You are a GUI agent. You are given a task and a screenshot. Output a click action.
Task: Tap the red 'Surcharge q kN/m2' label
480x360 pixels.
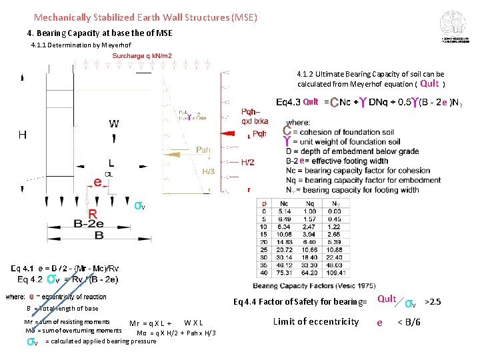point(142,56)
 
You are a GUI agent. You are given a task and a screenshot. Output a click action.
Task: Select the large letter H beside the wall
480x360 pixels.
point(23,135)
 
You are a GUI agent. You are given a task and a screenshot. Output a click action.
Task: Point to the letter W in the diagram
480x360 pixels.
point(114,124)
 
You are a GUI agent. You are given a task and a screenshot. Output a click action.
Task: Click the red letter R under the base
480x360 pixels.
point(93,214)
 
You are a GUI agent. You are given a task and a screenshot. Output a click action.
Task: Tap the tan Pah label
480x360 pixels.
point(203,150)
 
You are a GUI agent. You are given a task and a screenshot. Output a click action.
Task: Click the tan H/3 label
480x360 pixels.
point(209,171)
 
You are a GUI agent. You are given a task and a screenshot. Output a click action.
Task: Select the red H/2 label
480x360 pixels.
point(247,162)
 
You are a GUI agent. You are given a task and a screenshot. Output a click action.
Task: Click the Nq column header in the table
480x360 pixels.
point(309,203)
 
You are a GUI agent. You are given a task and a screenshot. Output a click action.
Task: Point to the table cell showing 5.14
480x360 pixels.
point(285,211)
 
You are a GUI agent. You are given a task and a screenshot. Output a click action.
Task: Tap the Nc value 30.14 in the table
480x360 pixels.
point(285,257)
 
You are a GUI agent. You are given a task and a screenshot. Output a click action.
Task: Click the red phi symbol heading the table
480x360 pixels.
point(265,203)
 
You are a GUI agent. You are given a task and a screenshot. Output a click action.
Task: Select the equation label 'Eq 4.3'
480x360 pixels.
point(288,102)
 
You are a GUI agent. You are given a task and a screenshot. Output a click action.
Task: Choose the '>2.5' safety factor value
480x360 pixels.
point(433,302)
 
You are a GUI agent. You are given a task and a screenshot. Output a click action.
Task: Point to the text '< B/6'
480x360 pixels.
point(409,323)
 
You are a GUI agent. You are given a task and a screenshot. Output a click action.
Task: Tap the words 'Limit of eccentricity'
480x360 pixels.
point(316,321)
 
